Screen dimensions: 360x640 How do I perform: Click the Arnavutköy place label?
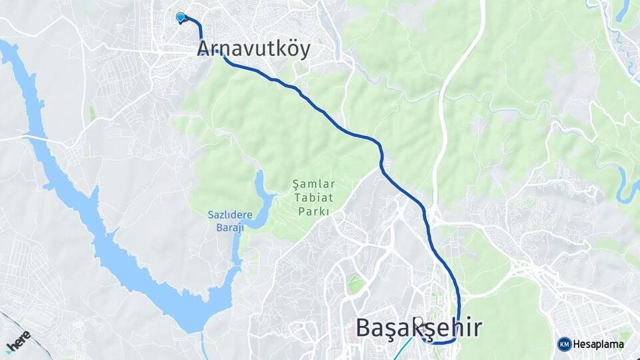tap(253, 49)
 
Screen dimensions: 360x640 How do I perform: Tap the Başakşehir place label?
tap(418, 328)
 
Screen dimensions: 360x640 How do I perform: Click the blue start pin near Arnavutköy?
tap(180, 17)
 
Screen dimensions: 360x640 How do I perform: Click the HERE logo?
tap(18, 340)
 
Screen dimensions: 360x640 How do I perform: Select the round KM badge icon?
tap(564, 344)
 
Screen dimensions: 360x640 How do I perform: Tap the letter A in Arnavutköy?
tap(204, 49)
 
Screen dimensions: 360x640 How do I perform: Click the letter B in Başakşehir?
tap(363, 328)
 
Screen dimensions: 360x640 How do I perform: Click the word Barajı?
tap(229, 228)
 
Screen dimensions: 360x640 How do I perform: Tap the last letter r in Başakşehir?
tap(476, 328)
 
